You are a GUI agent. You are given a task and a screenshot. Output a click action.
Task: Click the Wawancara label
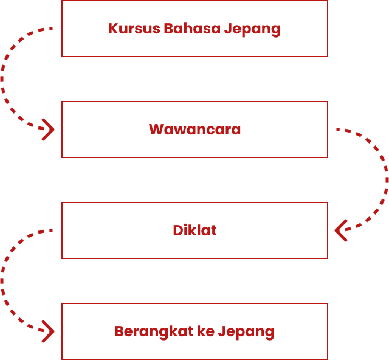(x=194, y=130)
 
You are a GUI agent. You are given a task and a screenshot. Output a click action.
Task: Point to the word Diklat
(x=194, y=230)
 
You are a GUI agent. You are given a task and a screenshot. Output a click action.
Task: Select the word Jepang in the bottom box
(x=246, y=332)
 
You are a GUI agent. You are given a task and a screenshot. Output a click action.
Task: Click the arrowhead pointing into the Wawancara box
(x=48, y=130)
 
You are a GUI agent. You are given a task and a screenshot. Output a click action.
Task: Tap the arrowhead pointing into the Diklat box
(x=341, y=230)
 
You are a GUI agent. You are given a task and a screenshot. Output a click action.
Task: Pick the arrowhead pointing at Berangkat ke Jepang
(x=48, y=331)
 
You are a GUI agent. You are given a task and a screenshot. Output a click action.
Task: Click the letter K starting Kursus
(x=113, y=29)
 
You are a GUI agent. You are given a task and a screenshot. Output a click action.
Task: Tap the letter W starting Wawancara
(x=156, y=130)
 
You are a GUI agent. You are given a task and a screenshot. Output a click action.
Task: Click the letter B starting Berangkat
(x=119, y=331)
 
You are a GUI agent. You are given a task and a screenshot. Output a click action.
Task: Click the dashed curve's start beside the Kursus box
(x=51, y=29)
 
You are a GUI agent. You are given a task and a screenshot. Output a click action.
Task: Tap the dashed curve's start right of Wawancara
(x=338, y=130)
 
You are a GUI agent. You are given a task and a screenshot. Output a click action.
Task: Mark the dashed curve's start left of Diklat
(x=51, y=230)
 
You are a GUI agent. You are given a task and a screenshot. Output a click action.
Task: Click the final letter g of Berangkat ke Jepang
(x=270, y=333)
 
